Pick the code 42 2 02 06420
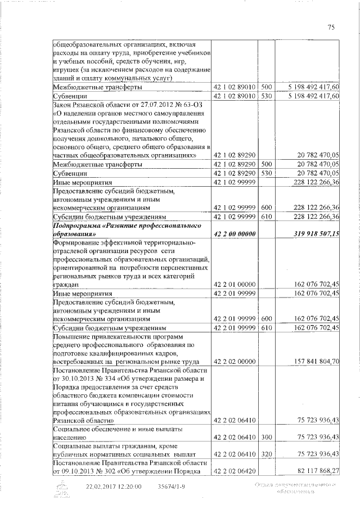pyautogui.click(x=235, y=470)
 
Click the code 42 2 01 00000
pyautogui.click(x=235, y=285)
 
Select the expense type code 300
pyautogui.click(x=267, y=436)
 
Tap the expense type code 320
pyautogui.click(x=267, y=453)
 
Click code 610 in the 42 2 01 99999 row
pyautogui.click(x=267, y=327)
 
